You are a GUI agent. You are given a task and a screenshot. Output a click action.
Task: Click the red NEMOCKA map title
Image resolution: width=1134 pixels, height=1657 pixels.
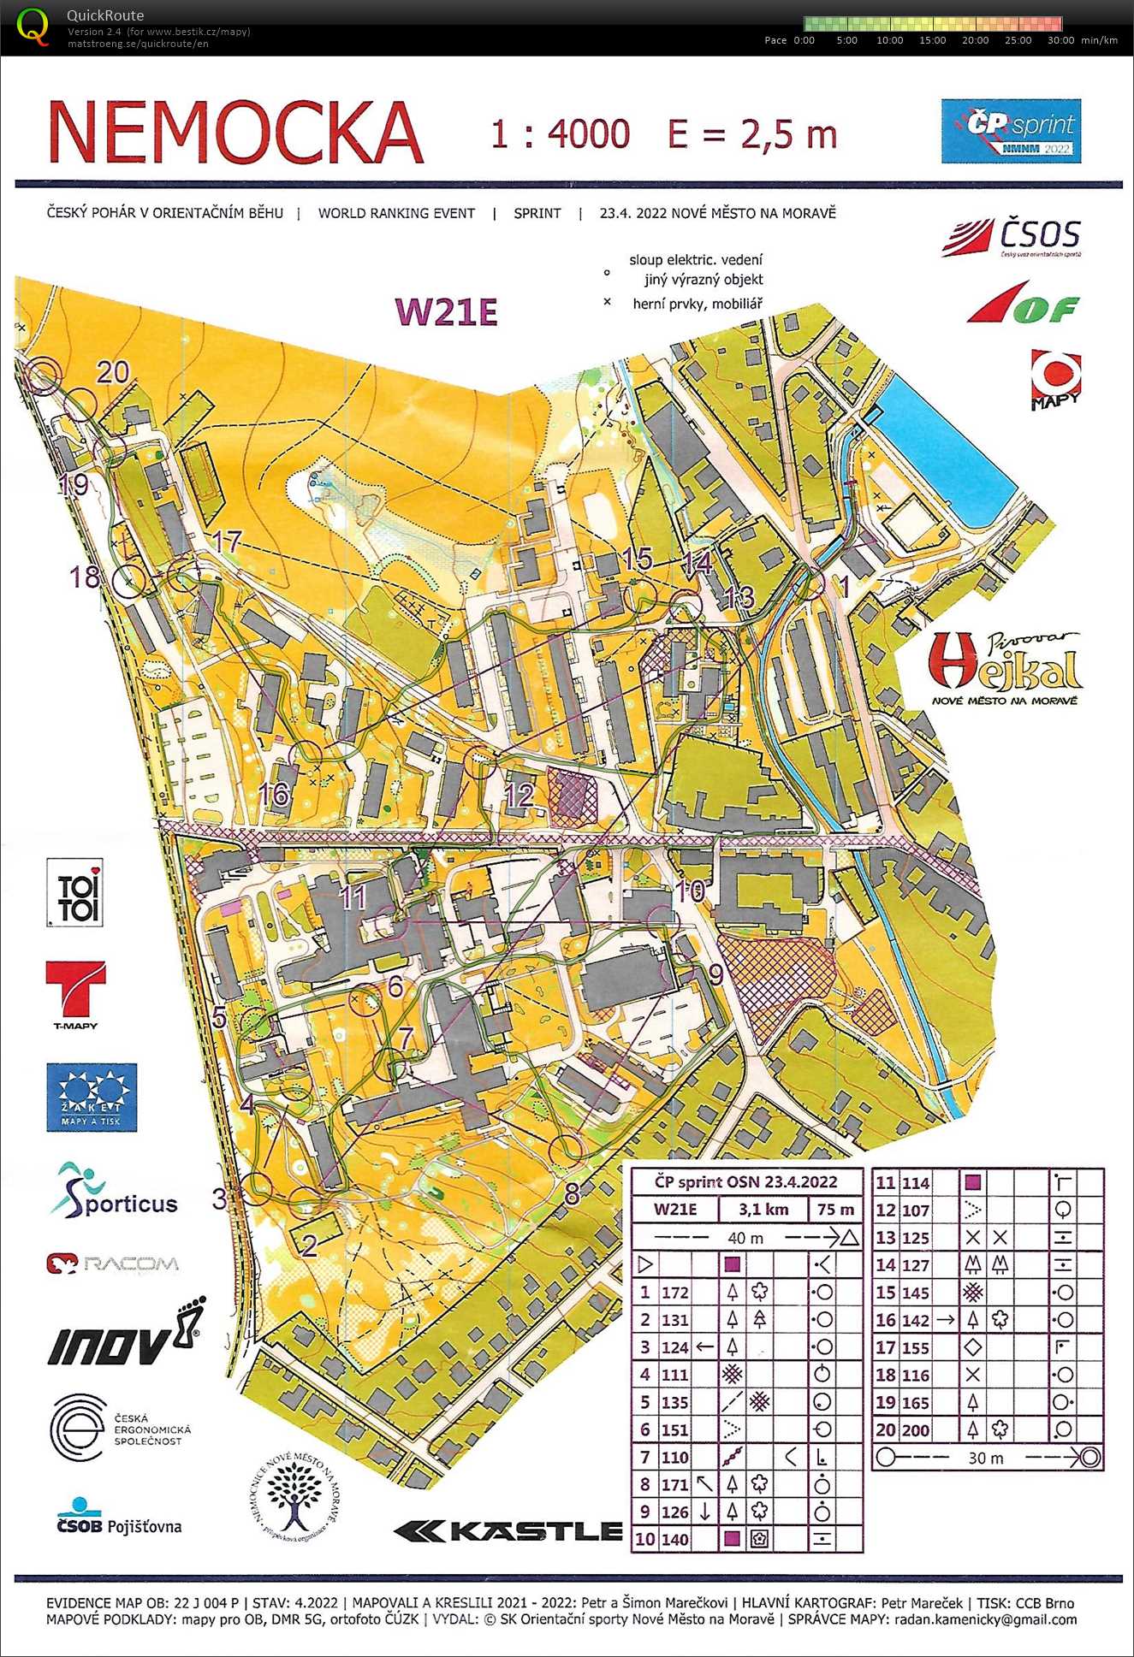tap(235, 133)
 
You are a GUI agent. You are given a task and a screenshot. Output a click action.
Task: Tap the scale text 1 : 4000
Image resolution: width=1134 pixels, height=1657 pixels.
tap(560, 134)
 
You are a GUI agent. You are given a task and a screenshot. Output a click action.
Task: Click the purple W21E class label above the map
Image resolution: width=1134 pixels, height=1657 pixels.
tap(446, 312)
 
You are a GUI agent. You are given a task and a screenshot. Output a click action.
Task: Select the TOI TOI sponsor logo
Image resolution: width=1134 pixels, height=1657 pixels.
tap(75, 893)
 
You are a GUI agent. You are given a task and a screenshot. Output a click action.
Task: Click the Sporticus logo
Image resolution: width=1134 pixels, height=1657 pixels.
tap(113, 1191)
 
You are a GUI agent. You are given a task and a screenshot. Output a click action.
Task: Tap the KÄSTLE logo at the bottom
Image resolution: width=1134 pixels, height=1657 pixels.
tap(508, 1530)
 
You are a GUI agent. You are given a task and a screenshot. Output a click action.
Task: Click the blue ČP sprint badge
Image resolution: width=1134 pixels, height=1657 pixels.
tap(1011, 131)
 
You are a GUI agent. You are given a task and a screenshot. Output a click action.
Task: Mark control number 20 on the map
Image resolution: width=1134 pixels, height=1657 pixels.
tap(112, 372)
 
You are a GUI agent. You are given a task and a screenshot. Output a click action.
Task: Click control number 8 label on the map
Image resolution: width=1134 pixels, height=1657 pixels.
tap(572, 1193)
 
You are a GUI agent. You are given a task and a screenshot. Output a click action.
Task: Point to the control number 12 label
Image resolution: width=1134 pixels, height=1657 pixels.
tap(519, 796)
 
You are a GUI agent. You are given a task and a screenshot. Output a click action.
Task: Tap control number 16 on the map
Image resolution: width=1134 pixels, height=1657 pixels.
tap(274, 795)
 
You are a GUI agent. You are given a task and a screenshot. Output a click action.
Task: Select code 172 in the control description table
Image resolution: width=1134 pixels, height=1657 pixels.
tap(674, 1293)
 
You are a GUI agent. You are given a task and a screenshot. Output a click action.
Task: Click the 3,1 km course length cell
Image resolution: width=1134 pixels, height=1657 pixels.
tap(763, 1210)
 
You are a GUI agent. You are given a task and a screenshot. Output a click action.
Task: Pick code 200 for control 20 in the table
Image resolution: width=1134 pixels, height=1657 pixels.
tap(915, 1429)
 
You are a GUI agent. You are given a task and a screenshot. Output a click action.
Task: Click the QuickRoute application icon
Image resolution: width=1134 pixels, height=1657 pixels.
tap(33, 26)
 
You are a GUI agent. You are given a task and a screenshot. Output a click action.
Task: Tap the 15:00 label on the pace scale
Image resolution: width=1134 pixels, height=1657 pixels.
tap(932, 40)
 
